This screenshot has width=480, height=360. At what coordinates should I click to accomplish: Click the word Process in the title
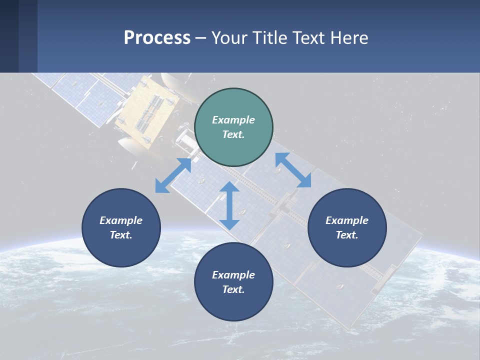[x=157, y=38]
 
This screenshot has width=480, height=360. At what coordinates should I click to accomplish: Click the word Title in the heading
[x=269, y=38]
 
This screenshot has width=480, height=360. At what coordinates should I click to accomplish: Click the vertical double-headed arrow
[x=229, y=205]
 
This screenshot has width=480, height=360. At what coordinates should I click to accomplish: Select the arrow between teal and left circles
[x=173, y=175]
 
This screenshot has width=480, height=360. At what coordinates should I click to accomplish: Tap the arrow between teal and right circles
[x=293, y=170]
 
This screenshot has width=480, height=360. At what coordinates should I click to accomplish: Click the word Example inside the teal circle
[x=233, y=120]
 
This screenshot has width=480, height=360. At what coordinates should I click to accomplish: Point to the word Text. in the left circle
[x=121, y=235]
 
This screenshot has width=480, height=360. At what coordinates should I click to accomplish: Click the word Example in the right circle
[x=347, y=220]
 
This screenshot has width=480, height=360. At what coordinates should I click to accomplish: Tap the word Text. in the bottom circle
[x=233, y=289]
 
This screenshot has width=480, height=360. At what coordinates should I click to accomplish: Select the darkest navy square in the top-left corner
[x=9, y=36]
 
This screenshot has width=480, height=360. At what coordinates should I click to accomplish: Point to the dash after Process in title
[x=201, y=38]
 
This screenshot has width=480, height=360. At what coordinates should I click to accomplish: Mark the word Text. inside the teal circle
[x=233, y=134]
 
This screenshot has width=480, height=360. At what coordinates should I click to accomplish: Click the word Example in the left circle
[x=121, y=220]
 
